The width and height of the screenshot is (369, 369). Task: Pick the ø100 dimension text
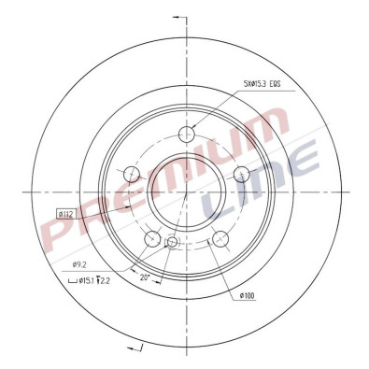(x=247, y=296)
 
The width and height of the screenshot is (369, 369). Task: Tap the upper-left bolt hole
(x=133, y=173)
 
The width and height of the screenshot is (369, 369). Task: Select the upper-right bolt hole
(x=241, y=172)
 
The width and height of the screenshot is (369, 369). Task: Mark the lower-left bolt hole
(x=152, y=238)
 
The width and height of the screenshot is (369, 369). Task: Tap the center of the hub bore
(x=187, y=192)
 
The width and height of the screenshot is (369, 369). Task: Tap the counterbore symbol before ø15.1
(x=73, y=279)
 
